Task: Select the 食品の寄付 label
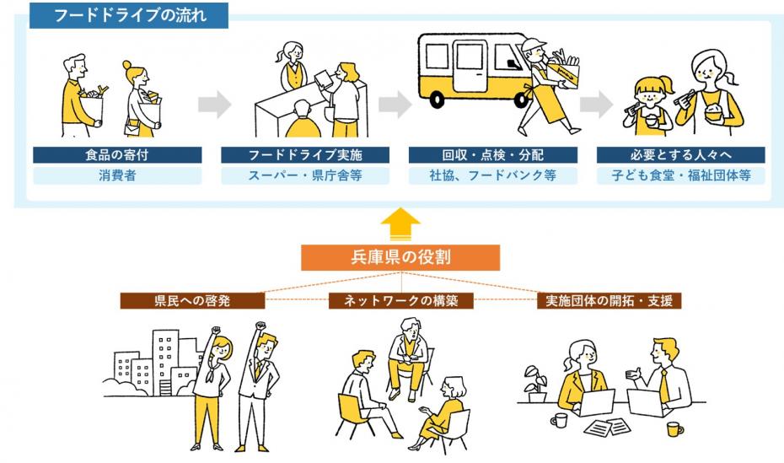coord(117,155)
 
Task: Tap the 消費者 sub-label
coord(117,176)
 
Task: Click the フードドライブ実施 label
coord(305,155)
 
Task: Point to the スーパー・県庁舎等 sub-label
coord(305,176)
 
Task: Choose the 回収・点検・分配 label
coord(493,155)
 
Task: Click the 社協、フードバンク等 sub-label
coord(493,176)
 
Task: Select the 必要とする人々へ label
coord(680,155)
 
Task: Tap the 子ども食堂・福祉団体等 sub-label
coord(680,176)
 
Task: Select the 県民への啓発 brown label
coord(192,300)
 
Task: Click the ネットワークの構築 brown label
coord(401,300)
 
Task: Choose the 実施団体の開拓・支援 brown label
coord(609,300)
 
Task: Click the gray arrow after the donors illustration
coord(214,105)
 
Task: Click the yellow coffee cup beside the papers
coord(674,428)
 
